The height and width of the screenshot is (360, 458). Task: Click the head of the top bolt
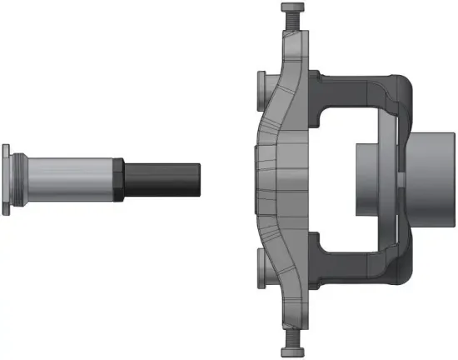(293, 9)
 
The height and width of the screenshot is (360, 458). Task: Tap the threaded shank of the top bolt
(293, 27)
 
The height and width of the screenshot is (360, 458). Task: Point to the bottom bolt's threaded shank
(294, 332)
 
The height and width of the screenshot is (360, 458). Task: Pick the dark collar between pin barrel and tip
(120, 179)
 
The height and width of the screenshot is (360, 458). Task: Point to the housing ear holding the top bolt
(296, 50)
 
